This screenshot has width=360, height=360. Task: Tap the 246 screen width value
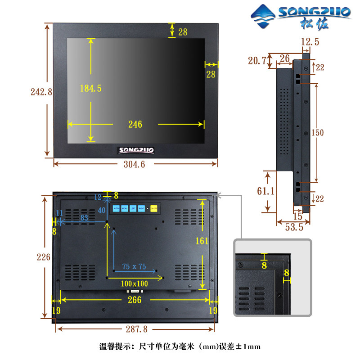[x=135, y=124]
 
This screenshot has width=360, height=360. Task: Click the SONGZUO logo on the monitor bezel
[x=136, y=150]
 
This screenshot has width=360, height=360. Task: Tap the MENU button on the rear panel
[x=124, y=208]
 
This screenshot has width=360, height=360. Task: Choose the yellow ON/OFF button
[x=153, y=208]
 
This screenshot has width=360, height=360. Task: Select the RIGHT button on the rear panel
[x=141, y=208]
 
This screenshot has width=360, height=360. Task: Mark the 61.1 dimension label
[x=266, y=191]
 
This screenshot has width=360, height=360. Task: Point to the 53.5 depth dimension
[x=293, y=227]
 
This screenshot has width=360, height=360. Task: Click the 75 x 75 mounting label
[x=134, y=266]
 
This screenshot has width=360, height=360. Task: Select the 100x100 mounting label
[x=135, y=283]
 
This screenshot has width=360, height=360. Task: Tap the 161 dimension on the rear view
[x=202, y=241]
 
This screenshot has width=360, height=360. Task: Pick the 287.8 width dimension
[x=135, y=329]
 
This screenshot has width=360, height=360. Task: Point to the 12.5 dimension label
[x=310, y=42]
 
